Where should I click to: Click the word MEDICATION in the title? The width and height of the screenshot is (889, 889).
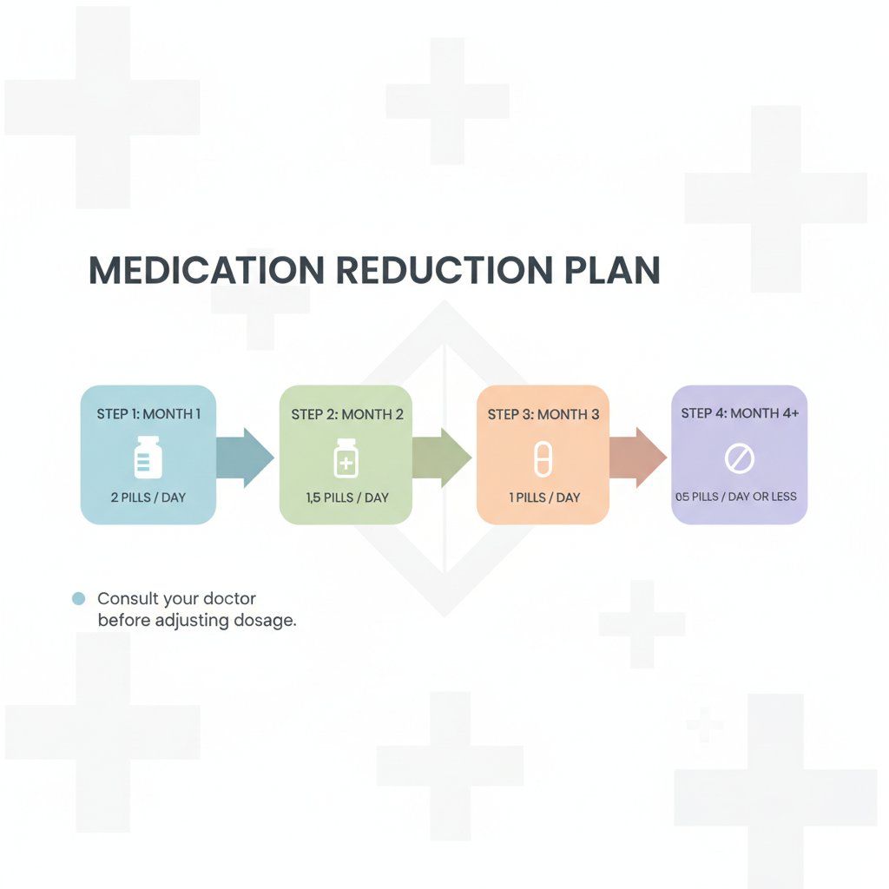(207, 270)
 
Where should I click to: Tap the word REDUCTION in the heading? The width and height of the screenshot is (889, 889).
(444, 270)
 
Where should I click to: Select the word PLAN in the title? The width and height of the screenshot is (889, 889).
(612, 270)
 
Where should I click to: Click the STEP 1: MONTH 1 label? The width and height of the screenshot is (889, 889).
(148, 414)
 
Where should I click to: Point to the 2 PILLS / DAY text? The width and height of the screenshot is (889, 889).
(148, 497)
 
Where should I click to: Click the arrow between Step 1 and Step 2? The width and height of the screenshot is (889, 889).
(245, 458)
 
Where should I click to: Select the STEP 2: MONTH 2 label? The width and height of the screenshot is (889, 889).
(347, 414)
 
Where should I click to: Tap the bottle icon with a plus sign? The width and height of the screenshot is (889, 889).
(346, 458)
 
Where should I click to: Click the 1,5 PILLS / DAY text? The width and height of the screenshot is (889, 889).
(347, 497)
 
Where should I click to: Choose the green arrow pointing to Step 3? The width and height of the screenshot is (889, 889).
(442, 458)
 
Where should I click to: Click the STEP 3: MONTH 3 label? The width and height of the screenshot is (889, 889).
(543, 414)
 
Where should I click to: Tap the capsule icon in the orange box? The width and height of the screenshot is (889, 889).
(543, 458)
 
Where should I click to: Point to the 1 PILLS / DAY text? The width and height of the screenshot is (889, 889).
(544, 497)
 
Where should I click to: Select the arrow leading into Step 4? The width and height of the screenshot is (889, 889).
(638, 458)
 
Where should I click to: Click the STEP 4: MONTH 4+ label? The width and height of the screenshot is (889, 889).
(740, 413)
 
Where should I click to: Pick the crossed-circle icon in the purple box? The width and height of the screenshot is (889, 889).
(740, 458)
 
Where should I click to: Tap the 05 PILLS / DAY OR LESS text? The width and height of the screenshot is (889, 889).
(736, 497)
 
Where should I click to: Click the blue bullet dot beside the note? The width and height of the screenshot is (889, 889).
(79, 599)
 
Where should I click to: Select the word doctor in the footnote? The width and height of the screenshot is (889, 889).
(229, 599)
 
